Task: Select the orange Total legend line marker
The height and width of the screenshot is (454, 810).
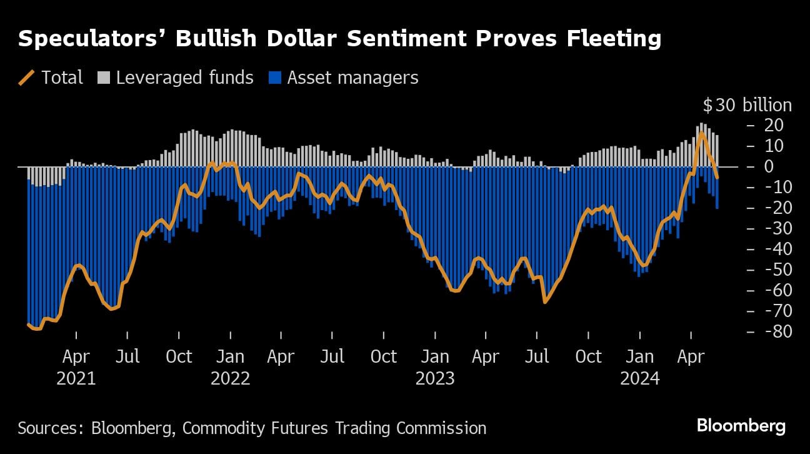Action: (27, 78)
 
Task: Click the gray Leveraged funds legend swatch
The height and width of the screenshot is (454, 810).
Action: (103, 78)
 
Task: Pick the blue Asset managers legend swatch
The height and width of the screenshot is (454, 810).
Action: (274, 78)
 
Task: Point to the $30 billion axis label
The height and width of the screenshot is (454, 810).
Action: (747, 105)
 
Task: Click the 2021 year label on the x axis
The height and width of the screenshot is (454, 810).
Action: (76, 378)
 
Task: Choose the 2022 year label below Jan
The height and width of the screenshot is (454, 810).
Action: (230, 378)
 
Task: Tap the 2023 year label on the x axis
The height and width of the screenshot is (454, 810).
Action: (434, 378)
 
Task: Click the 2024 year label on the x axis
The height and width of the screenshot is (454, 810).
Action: (639, 378)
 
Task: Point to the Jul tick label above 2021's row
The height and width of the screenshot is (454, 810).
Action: (127, 356)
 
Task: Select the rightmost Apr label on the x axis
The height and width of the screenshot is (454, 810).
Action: (691, 356)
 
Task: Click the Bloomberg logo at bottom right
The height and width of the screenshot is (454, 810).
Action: (741, 426)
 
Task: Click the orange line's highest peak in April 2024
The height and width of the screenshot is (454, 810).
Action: (701, 133)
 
